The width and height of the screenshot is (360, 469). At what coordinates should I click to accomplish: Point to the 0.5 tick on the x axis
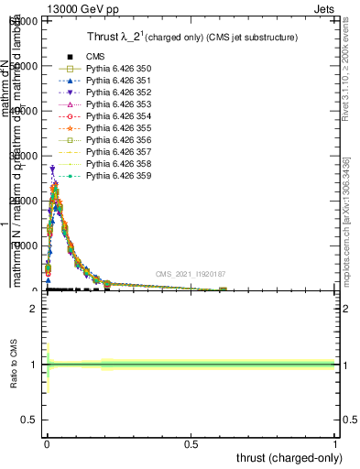click(x=191, y=443)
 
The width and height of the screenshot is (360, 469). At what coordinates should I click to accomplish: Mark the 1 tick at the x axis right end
click(x=336, y=443)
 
